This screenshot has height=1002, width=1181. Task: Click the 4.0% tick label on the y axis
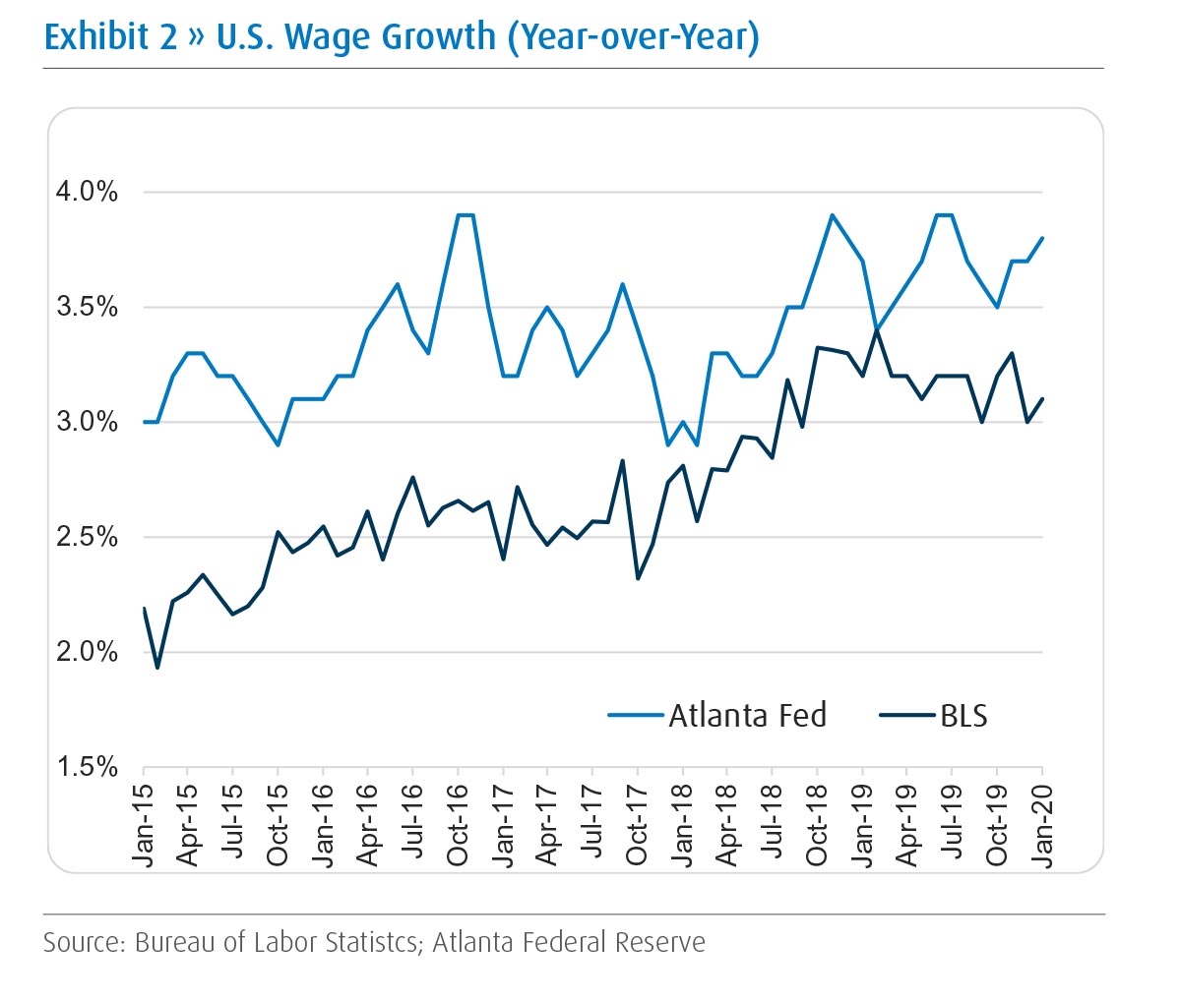click(x=87, y=192)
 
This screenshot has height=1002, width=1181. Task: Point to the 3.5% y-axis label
click(x=87, y=307)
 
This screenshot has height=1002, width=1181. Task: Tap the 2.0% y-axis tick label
click(x=87, y=652)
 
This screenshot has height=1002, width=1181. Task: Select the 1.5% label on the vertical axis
click(x=87, y=767)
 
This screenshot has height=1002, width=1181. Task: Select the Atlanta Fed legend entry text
click(x=748, y=715)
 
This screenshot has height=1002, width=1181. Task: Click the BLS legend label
click(x=963, y=715)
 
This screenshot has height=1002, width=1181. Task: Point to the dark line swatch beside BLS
click(x=906, y=716)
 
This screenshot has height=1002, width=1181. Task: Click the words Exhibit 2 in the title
click(x=110, y=36)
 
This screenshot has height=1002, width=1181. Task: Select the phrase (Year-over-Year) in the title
click(x=633, y=36)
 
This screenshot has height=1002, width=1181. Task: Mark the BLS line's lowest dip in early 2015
click(x=157, y=668)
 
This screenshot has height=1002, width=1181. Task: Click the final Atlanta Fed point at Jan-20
click(x=1041, y=238)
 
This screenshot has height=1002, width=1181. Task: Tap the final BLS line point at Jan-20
click(x=1041, y=399)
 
